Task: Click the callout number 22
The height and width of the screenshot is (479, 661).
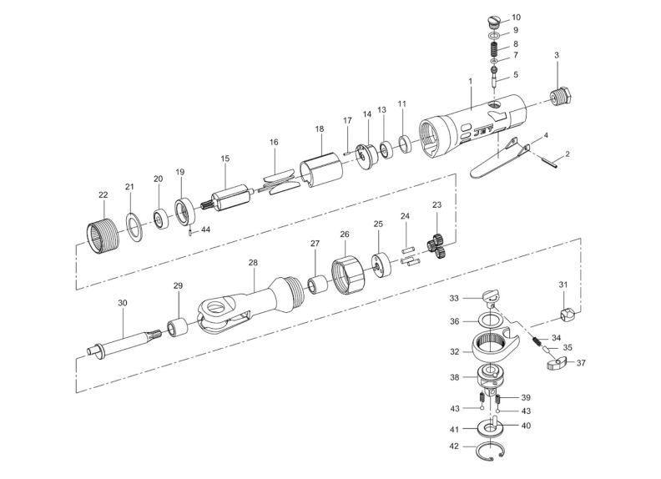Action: (x=103, y=195)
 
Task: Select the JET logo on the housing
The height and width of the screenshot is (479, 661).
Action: (x=485, y=132)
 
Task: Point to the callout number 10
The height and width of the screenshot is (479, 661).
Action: (x=516, y=17)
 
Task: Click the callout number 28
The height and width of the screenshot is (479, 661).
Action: (x=253, y=262)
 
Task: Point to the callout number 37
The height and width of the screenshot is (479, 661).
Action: (x=581, y=363)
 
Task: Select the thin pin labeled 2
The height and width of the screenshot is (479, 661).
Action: (x=551, y=164)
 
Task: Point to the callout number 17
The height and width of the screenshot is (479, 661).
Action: (x=347, y=121)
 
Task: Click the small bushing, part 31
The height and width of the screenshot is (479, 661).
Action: (x=566, y=315)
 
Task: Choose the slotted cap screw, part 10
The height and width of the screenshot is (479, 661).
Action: (x=493, y=22)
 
